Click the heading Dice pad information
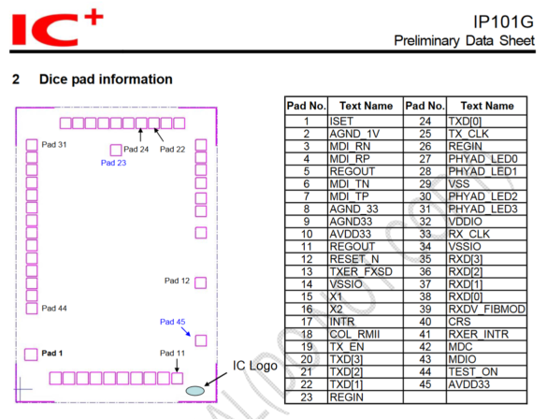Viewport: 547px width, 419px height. click(105, 79)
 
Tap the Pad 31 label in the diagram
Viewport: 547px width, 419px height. click(54, 144)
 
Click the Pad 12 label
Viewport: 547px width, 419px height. click(177, 281)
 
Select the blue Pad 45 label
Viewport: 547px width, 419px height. click(174, 323)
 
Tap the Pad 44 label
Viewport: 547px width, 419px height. click(54, 308)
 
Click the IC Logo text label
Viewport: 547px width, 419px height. click(255, 365)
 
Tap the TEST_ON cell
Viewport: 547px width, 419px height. click(473, 371)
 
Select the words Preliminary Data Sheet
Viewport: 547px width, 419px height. click(466, 41)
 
